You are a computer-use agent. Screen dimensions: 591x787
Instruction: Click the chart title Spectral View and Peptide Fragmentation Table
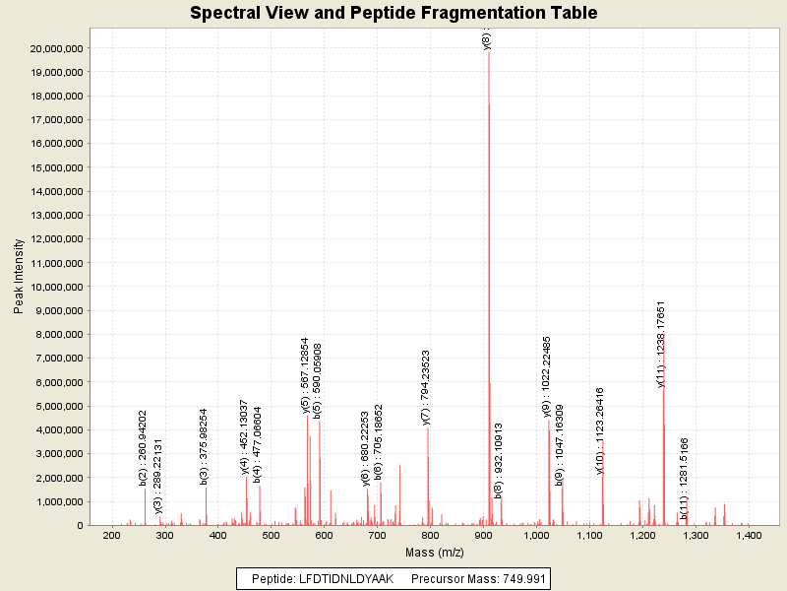pos(393,14)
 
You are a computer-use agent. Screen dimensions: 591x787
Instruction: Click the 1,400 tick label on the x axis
pos(749,536)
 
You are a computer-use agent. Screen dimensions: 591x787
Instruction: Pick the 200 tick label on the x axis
pos(112,536)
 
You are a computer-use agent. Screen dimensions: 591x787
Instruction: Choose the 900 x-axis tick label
pos(483,536)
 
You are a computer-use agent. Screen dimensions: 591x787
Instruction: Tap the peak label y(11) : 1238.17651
pos(662,344)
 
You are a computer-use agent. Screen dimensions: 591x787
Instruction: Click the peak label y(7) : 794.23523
pos(426,387)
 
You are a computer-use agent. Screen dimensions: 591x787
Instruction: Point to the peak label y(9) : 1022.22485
pos(547,375)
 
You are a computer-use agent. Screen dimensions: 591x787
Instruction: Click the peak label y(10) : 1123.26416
pos(600,431)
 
